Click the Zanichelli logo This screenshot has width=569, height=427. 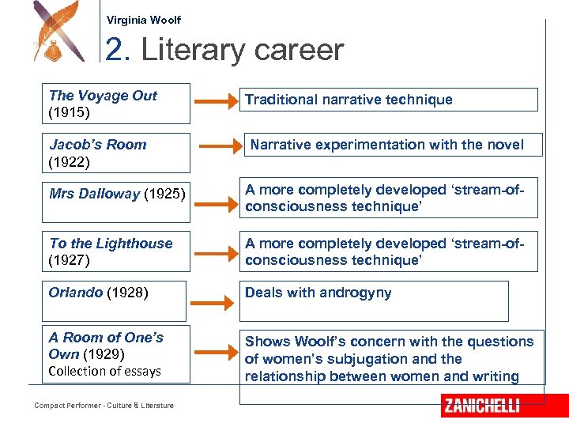[482, 406]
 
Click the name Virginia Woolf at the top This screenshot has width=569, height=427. [144, 20]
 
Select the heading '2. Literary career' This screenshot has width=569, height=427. [224, 51]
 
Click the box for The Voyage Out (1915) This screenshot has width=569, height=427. [116, 104]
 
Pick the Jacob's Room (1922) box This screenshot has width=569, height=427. [116, 153]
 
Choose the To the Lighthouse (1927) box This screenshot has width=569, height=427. [116, 251]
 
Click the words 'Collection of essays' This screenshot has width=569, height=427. [104, 371]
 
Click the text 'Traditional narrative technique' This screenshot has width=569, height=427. [349, 100]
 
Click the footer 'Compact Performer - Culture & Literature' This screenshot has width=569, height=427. [104, 406]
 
